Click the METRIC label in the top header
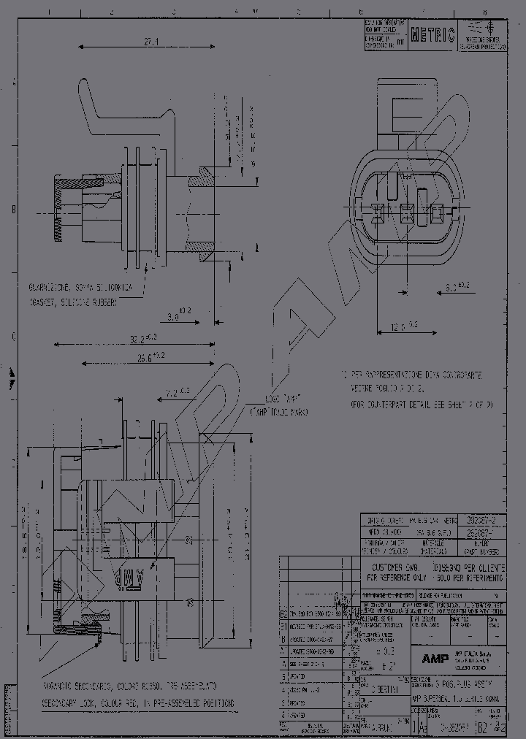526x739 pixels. coord(432,34)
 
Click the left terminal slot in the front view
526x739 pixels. coord(378,213)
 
